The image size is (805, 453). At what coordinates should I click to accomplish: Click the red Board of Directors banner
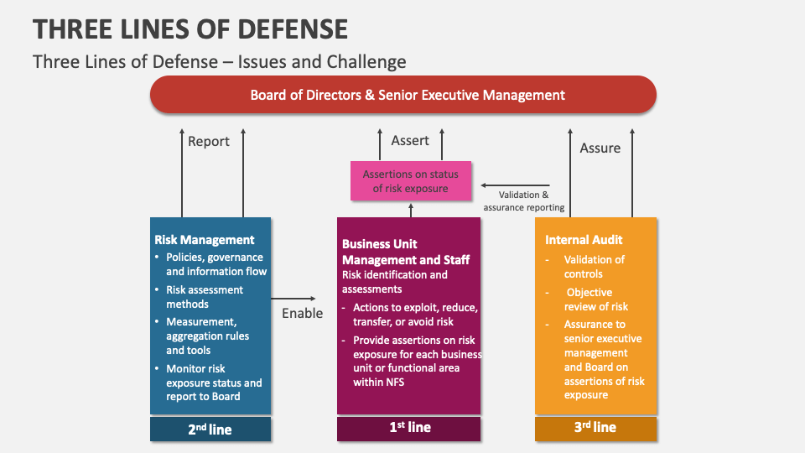click(x=402, y=95)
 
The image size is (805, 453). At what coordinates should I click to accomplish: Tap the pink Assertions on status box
click(x=410, y=181)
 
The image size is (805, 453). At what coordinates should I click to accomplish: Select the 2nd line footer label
click(x=210, y=429)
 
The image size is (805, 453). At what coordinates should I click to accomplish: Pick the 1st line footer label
click(x=409, y=428)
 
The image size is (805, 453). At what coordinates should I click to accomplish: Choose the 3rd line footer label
click(x=595, y=428)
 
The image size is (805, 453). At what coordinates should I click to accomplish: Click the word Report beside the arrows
click(x=209, y=141)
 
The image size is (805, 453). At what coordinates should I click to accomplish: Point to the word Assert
click(x=410, y=140)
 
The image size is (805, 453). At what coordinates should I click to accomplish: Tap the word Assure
click(x=600, y=148)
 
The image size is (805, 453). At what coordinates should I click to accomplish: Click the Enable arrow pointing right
click(x=294, y=298)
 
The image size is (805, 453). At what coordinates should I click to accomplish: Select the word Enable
click(x=302, y=313)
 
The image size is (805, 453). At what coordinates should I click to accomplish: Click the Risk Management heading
click(x=205, y=240)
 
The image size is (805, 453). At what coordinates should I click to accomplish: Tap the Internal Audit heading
click(x=584, y=240)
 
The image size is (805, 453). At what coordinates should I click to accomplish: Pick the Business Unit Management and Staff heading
click(x=406, y=252)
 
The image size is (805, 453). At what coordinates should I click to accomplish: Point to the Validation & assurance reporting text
click(x=524, y=201)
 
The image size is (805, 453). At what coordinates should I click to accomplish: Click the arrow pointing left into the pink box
click(x=516, y=185)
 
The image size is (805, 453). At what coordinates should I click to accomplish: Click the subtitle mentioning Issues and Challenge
click(x=219, y=61)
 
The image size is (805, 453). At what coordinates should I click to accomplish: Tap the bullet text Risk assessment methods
click(x=205, y=297)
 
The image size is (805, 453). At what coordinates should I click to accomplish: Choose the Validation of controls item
click(x=594, y=267)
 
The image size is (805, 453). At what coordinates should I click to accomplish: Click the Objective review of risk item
click(x=596, y=299)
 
